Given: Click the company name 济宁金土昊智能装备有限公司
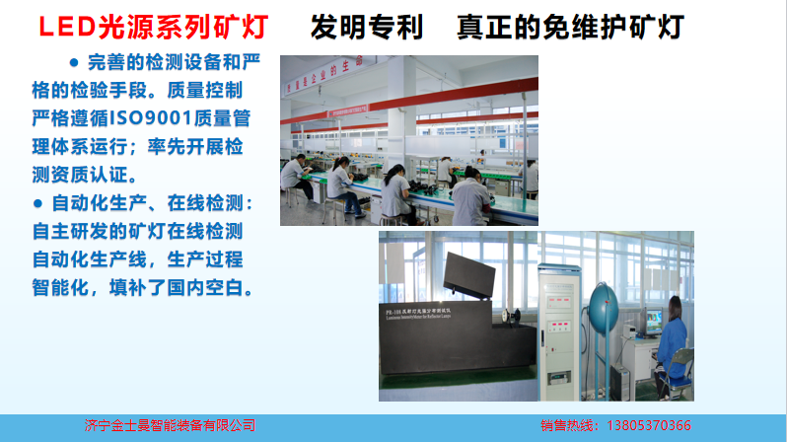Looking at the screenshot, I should (170, 426).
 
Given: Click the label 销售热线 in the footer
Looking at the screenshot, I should (569, 426).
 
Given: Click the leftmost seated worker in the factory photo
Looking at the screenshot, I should (294, 182).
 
